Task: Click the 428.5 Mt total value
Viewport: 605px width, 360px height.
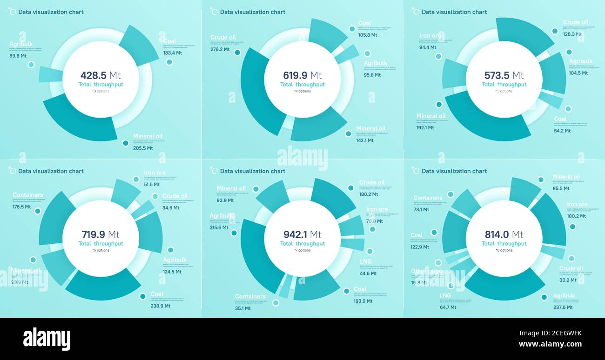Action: pyautogui.click(x=101, y=75)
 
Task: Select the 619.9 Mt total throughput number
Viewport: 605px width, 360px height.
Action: pyautogui.click(x=302, y=75)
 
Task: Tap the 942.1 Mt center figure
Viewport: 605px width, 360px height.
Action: pyautogui.click(x=302, y=234)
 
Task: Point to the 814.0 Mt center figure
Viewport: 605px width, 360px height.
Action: pyautogui.click(x=504, y=234)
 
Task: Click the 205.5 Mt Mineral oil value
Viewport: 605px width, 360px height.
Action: pyautogui.click(x=143, y=148)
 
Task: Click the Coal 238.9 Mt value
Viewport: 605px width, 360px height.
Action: pyautogui.click(x=161, y=306)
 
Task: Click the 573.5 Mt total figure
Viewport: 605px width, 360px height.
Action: pyautogui.click(x=504, y=75)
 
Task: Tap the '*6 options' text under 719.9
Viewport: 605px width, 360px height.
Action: pyautogui.click(x=101, y=250)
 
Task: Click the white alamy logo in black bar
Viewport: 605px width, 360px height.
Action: pyautogui.click(x=47, y=339)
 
